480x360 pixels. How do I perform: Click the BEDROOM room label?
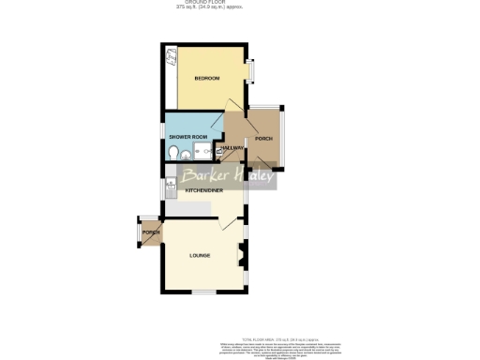[206, 78]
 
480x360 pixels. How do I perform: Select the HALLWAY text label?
[232, 148]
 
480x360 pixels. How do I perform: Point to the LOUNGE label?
[200, 255]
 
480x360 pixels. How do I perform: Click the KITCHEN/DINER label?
[203, 190]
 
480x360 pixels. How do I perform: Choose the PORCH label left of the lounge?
[150, 232]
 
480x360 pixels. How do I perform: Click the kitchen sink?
[169, 188]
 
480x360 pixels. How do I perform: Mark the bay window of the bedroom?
[250, 70]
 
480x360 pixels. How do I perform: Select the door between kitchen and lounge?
[225, 222]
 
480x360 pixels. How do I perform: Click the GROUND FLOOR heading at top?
[195, 3]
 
